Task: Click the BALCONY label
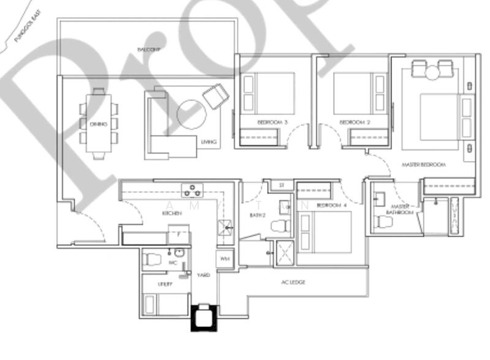[149, 49]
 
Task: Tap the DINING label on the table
[98, 124]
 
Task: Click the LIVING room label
[208, 143]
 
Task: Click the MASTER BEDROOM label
[424, 165]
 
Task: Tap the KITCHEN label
[170, 213]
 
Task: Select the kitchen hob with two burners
[192, 190]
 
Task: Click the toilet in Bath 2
[282, 225]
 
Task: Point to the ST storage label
[282, 184]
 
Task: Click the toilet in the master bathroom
[384, 221]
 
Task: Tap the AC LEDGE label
[293, 282]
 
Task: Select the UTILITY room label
[164, 284]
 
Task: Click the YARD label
[203, 276]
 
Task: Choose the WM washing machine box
[224, 258]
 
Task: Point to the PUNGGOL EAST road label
[28, 29]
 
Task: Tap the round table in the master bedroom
[432, 73]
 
